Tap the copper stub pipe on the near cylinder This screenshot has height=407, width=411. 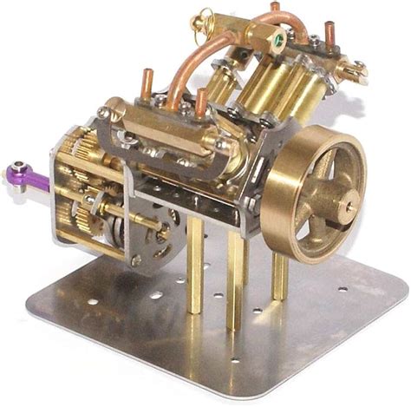point(201,102)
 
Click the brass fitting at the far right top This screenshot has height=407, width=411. point(351,65)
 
